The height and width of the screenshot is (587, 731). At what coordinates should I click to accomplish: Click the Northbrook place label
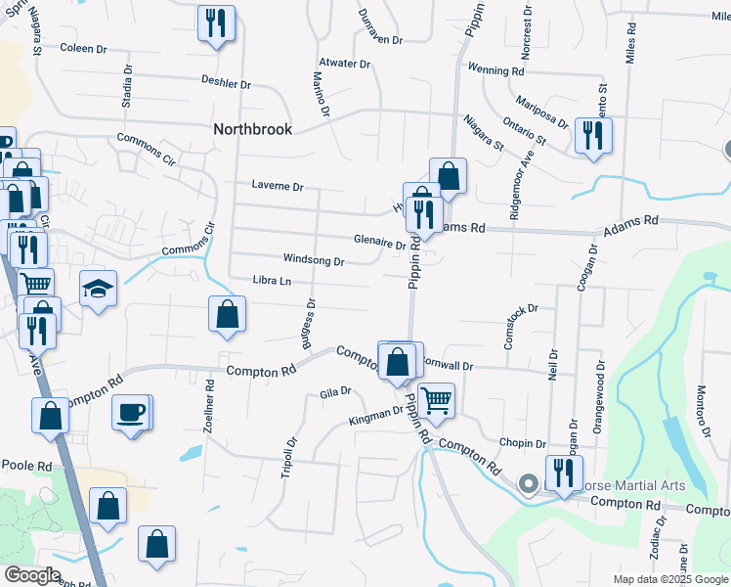coord(252,129)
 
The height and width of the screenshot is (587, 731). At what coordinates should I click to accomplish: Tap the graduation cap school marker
coord(98,290)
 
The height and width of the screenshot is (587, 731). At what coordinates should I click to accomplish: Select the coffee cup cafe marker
coord(131,413)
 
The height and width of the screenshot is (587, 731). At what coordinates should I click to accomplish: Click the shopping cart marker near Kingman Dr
coord(436,399)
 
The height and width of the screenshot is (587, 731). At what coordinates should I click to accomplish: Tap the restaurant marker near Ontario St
coord(592,135)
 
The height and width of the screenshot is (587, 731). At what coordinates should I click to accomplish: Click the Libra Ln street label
coord(272,282)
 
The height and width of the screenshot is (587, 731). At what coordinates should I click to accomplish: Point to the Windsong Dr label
coord(313,261)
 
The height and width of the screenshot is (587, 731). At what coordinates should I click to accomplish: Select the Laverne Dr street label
coord(278,186)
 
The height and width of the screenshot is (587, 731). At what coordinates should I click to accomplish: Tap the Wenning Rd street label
coord(496,71)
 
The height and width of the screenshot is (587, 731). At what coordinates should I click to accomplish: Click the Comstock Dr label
coord(521,315)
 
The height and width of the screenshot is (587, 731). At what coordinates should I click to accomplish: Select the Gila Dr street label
coord(334,392)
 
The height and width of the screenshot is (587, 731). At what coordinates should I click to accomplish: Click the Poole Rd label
coord(26,466)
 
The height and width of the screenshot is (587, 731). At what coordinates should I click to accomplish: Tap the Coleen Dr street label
coord(82,48)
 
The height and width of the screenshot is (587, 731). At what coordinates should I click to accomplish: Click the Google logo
coord(31,575)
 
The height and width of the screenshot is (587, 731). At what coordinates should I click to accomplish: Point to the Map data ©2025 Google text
coord(669,579)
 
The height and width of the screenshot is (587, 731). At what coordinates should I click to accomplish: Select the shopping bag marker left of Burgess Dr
coord(227,315)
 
